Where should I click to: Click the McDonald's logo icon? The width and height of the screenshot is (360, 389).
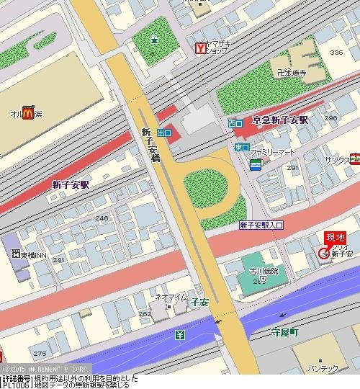28,112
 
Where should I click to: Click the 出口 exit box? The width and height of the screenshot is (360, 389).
164,133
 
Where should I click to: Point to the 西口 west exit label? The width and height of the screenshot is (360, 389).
235,124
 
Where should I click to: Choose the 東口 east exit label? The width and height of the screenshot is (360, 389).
241,147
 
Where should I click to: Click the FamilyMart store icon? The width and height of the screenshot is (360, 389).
256,165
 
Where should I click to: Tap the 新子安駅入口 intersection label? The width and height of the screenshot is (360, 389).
261,225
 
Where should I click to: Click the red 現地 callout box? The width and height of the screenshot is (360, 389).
335,238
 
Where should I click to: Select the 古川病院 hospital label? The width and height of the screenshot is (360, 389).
263,271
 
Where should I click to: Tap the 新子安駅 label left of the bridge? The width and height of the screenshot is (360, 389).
71,184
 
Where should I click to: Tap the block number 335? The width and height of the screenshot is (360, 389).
336,53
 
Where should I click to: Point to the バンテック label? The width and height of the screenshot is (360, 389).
323,369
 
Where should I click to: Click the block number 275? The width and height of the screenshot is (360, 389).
40,353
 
